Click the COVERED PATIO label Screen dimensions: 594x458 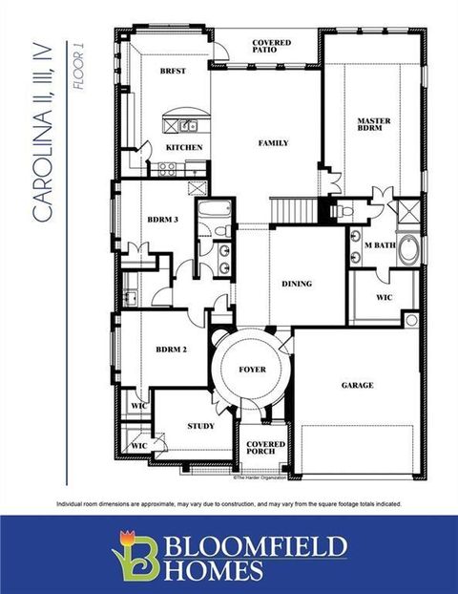(x=272, y=49)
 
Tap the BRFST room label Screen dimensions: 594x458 (x=173, y=72)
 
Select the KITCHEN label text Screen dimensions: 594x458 (x=184, y=148)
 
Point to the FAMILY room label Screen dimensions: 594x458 (x=273, y=143)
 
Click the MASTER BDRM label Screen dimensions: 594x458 (x=373, y=125)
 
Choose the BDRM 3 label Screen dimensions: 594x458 (x=162, y=220)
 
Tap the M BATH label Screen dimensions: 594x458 (x=379, y=245)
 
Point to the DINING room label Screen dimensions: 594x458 (x=297, y=284)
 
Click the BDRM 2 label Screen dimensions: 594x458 (x=171, y=350)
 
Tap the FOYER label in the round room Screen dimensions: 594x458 (x=252, y=370)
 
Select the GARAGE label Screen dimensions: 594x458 (x=357, y=386)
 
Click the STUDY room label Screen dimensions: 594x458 (x=200, y=426)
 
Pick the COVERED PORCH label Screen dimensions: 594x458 (x=265, y=449)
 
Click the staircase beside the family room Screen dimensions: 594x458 (x=293, y=209)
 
